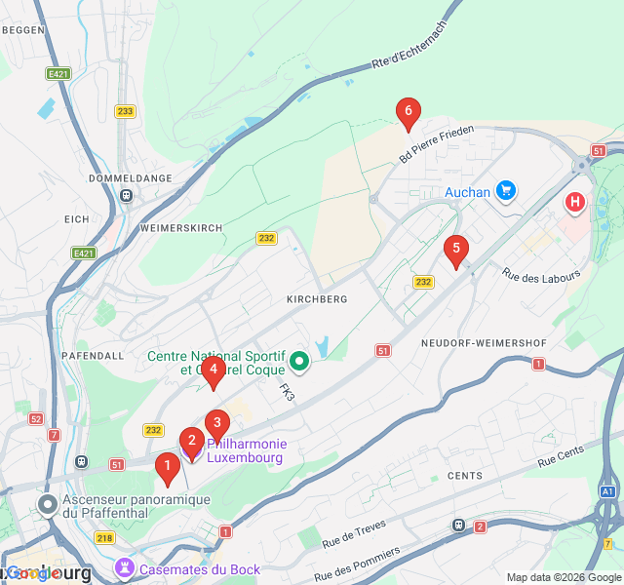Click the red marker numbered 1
(168, 469)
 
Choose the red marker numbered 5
(454, 250)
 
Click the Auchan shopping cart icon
(505, 191)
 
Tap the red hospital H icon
(575, 203)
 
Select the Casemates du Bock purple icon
(125, 567)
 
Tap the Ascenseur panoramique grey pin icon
(48, 504)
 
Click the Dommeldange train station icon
(127, 195)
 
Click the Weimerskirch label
(181, 227)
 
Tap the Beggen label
(23, 30)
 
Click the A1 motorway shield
(607, 492)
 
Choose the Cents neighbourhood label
(464, 476)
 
